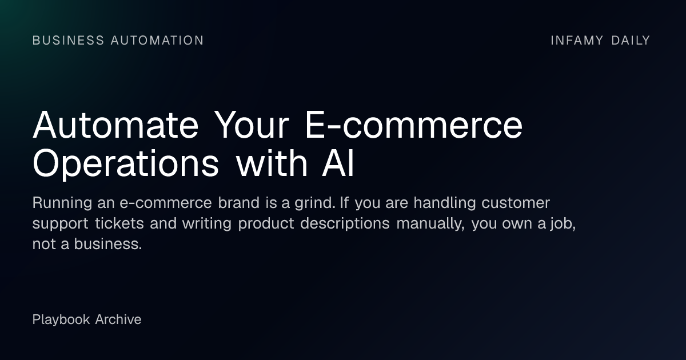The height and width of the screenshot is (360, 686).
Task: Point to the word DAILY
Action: (631, 41)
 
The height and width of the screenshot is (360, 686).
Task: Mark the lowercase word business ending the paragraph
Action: (107, 244)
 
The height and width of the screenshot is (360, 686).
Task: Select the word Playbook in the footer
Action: (61, 319)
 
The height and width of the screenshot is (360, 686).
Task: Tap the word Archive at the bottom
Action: (118, 319)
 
